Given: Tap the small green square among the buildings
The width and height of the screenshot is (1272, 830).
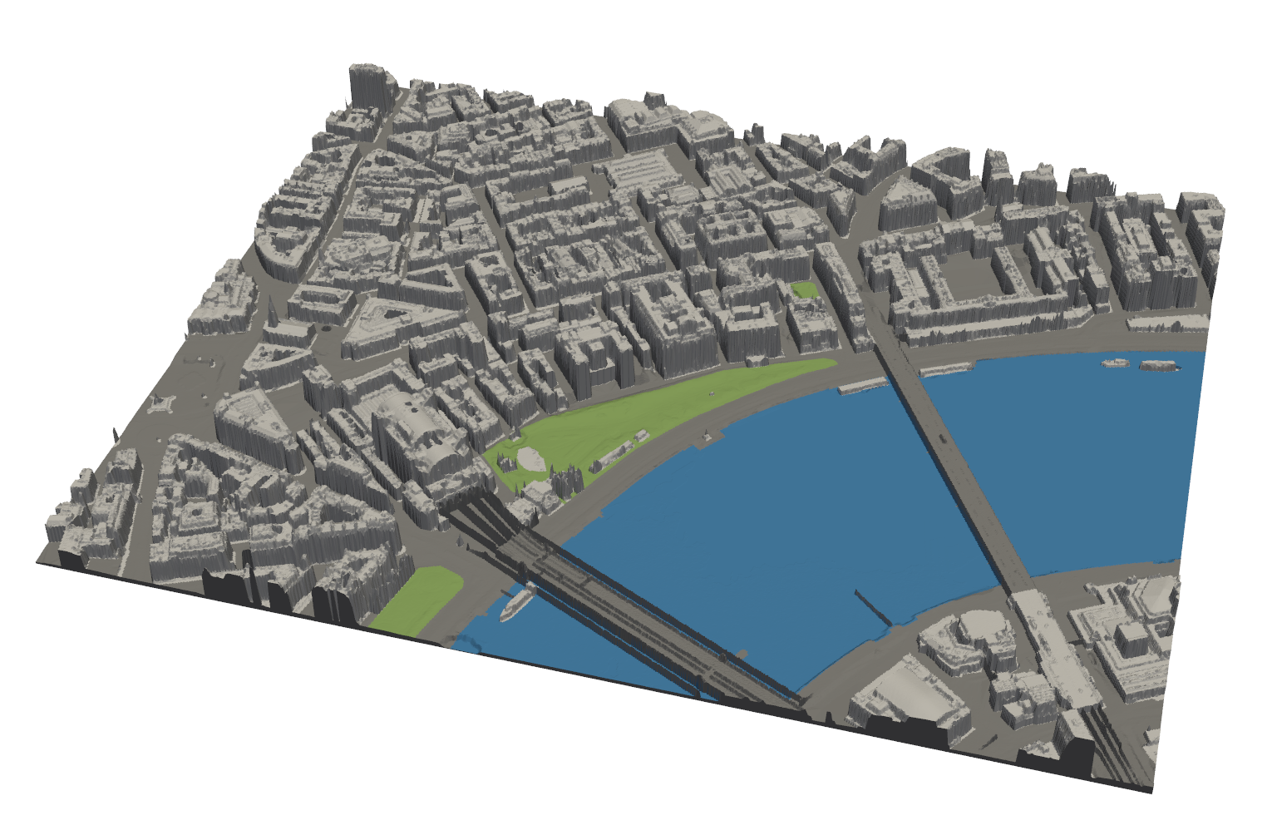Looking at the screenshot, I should (x=804, y=290).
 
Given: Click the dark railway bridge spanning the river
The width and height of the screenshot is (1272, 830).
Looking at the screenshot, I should (x=632, y=607).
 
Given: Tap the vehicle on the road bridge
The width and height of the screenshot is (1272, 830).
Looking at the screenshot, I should (x=942, y=436).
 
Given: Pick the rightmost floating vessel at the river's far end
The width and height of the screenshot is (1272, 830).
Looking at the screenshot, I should (x=1159, y=365).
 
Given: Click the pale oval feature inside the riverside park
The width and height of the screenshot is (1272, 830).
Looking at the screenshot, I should (x=530, y=458).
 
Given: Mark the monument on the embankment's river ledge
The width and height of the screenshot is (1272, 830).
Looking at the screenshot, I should (x=706, y=434).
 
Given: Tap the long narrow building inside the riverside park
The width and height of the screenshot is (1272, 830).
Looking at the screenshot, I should (x=614, y=454).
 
